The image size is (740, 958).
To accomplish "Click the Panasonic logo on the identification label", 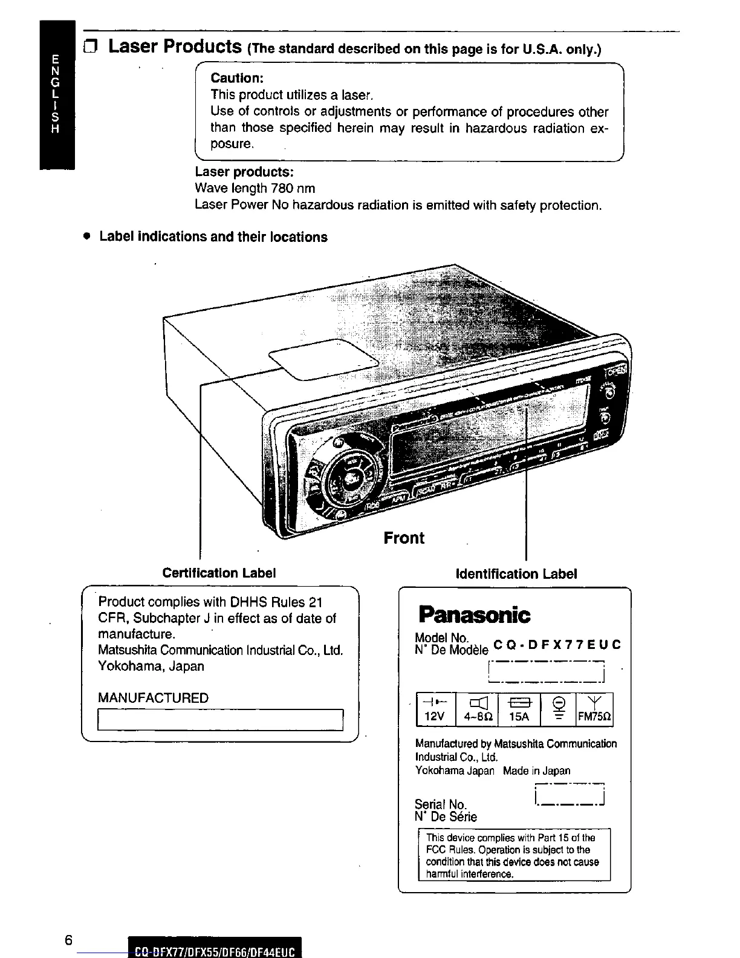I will tap(474, 615).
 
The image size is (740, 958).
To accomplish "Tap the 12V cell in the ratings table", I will tap(435, 709).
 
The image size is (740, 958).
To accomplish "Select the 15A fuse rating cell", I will tap(519, 709).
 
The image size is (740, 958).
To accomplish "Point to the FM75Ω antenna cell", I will tap(595, 709).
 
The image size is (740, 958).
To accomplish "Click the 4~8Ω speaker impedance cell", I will tap(477, 709).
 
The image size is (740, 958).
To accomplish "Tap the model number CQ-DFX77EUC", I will tap(557, 645).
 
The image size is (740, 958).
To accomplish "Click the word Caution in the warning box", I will tap(235, 79).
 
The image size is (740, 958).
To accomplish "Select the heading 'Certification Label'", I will tap(219, 573).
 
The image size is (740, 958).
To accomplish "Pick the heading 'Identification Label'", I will tap(516, 573).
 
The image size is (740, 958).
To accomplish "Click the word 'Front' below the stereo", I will tap(404, 538).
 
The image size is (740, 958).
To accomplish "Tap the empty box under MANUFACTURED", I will tap(220, 720).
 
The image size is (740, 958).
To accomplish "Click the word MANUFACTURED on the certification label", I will tap(153, 698).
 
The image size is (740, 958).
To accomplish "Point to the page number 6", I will tap(68, 940).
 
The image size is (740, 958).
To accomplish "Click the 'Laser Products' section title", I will tap(175, 46).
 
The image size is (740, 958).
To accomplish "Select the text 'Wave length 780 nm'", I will tap(255, 188).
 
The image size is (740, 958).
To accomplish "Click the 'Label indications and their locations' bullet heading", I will tap(213, 237).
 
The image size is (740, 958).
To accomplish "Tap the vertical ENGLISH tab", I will tap(56, 94).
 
